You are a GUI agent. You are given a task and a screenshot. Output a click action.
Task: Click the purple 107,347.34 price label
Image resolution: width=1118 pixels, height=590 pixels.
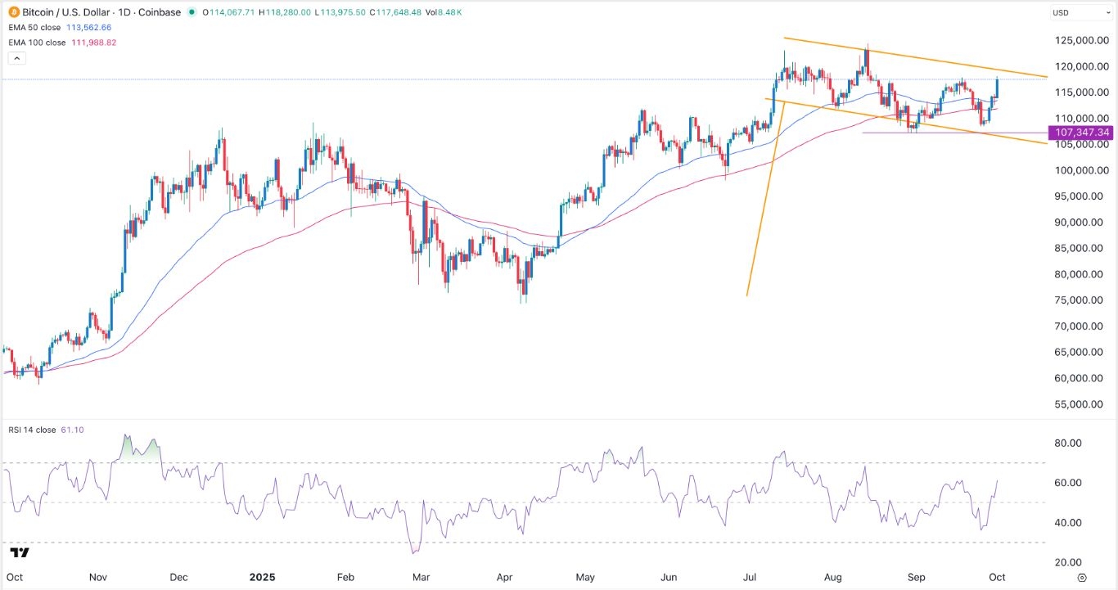(x=1082, y=132)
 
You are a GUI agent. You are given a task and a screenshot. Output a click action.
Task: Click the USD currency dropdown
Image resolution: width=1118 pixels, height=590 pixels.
(x=1079, y=13)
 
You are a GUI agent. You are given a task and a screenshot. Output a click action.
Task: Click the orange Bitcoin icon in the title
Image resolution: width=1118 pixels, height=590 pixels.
(x=15, y=12)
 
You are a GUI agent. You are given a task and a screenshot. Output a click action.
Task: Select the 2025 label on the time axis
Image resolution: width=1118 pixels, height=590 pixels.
(x=263, y=577)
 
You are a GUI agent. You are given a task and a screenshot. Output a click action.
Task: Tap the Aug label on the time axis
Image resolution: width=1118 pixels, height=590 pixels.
(x=832, y=577)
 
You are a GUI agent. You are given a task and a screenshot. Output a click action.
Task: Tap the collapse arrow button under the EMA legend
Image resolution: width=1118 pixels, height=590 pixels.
(x=16, y=58)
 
